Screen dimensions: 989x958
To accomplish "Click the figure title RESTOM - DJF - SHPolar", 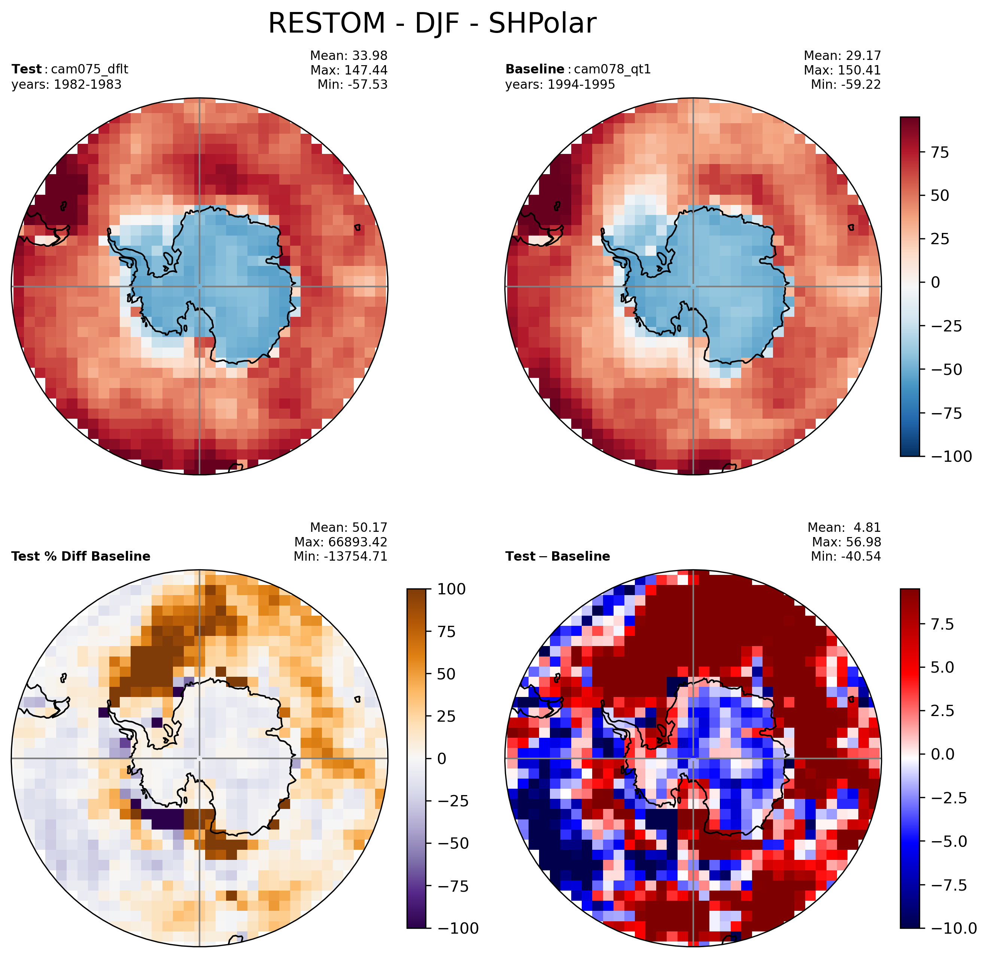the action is [x=432, y=23].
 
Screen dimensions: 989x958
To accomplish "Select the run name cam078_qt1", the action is [x=612, y=69].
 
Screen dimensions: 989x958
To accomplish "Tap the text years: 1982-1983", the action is [x=67, y=84].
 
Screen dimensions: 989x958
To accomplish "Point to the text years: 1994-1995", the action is [x=560, y=84].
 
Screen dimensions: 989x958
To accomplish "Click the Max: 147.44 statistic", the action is [x=349, y=70].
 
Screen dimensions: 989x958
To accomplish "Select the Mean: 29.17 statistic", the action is [x=842, y=55].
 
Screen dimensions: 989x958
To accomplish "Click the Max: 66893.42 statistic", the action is [x=341, y=542].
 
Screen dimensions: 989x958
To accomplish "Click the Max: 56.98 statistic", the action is [x=847, y=542].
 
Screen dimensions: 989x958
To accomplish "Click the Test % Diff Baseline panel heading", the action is [x=81, y=556].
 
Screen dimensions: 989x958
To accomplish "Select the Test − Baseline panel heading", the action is [x=557, y=556].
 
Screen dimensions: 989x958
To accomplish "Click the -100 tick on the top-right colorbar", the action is [x=951, y=456].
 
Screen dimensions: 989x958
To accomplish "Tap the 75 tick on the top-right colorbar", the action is [x=940, y=152].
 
